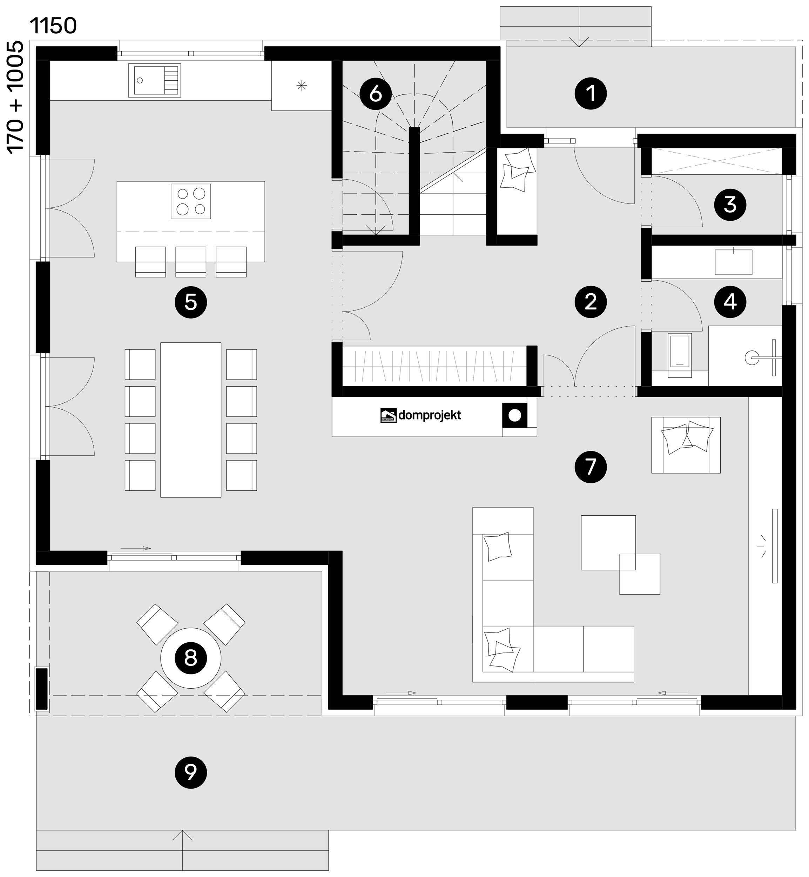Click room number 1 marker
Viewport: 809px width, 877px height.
coord(591,93)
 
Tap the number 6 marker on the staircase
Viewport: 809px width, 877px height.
coord(376,94)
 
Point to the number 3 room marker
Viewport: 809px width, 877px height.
coord(730,205)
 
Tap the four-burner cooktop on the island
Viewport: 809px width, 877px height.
coord(191,201)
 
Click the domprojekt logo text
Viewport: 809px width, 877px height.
coord(430,415)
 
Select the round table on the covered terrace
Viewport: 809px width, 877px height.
coord(190,658)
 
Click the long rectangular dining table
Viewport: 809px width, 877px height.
coord(190,420)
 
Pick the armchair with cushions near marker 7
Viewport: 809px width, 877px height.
coord(686,445)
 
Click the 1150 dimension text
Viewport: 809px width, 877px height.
coord(53,26)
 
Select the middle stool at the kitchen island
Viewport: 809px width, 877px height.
coord(191,262)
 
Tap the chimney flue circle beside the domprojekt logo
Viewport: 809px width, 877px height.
coord(515,415)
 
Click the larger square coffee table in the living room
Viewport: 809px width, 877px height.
coord(608,542)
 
